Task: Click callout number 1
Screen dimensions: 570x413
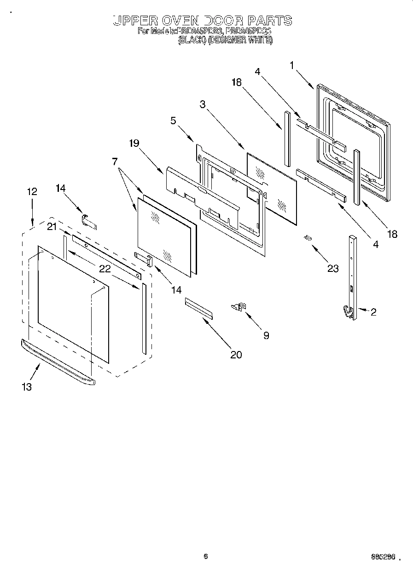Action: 292,66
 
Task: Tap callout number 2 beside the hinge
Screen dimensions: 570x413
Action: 373,312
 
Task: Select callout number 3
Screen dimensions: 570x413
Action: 203,104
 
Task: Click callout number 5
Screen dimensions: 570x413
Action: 173,121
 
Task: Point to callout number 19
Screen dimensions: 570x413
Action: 134,143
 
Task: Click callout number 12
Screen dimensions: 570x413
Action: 32,192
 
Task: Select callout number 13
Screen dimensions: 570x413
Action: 27,387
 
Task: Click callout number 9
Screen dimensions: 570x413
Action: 266,335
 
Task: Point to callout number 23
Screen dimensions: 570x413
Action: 332,269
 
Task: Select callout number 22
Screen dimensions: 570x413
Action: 105,269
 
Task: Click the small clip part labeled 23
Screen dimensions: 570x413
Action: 307,238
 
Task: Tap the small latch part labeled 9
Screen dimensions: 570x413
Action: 240,305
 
